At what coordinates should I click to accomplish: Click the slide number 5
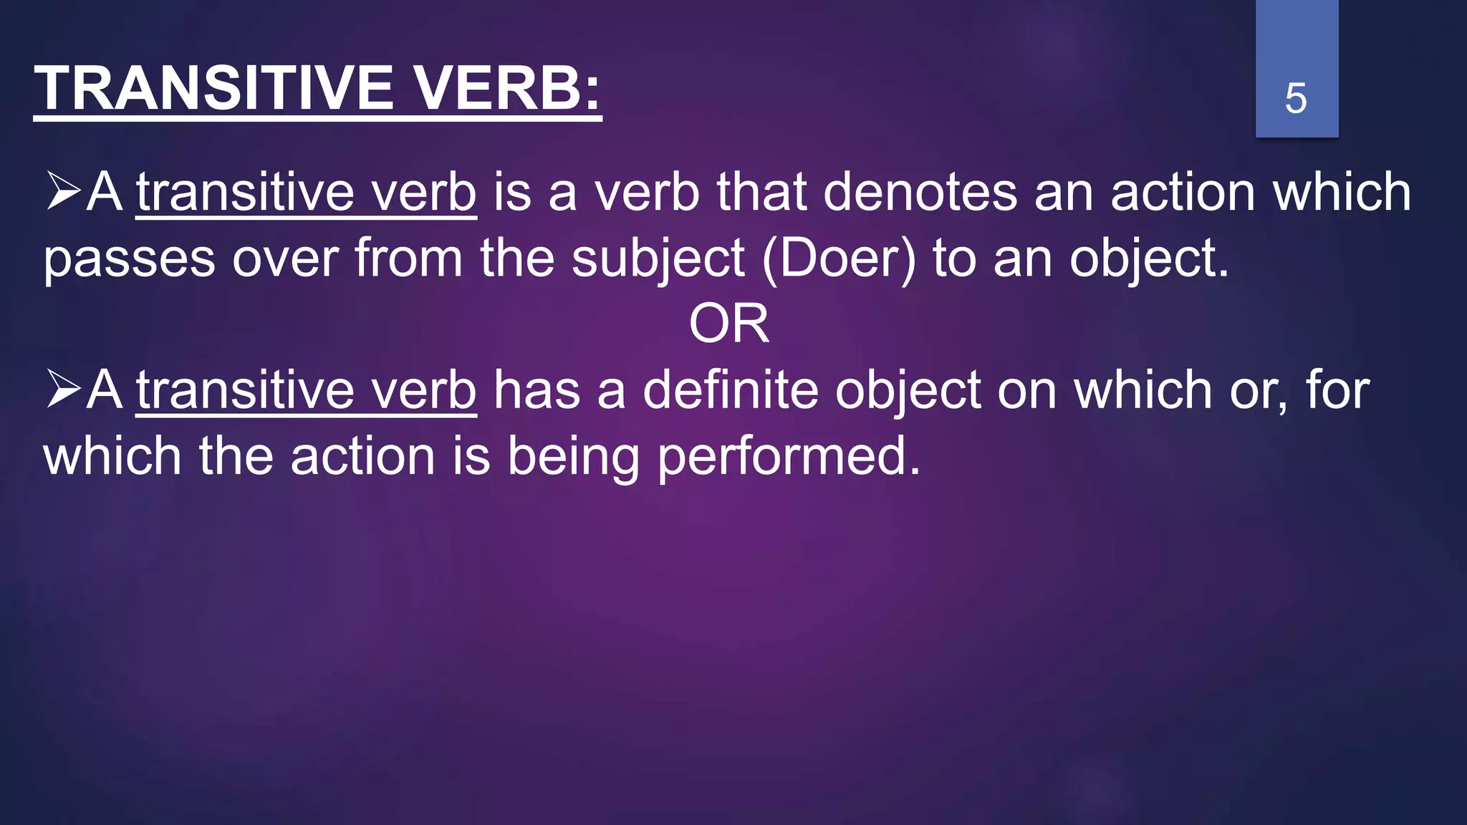pyautogui.click(x=1295, y=98)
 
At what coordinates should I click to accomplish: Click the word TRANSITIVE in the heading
pyautogui.click(x=213, y=89)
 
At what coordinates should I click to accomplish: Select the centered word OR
pyautogui.click(x=728, y=324)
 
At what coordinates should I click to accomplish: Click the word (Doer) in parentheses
pyautogui.click(x=839, y=259)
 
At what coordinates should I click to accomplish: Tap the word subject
pyautogui.click(x=658, y=259)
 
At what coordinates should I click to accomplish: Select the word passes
pyautogui.click(x=129, y=260)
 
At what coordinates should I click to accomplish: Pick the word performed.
pyautogui.click(x=788, y=457)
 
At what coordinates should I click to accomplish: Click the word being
pyautogui.click(x=573, y=457)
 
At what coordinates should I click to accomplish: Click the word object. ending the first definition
pyautogui.click(x=1149, y=259)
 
